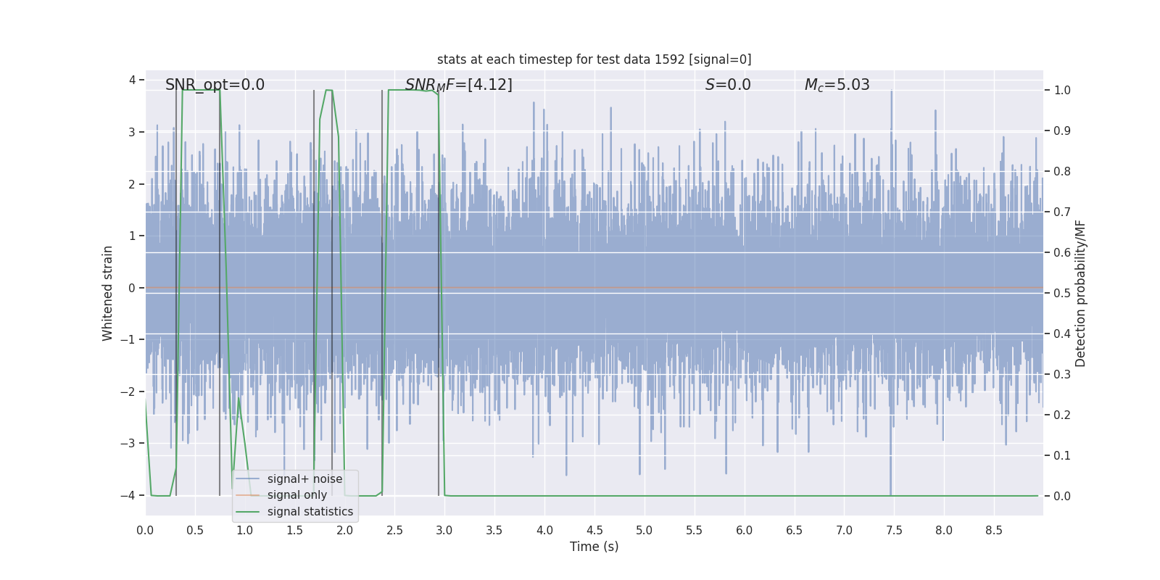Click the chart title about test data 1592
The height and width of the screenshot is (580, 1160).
coord(594,59)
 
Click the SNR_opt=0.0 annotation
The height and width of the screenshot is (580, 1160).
coord(215,85)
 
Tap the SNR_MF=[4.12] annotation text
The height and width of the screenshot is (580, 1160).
coord(458,85)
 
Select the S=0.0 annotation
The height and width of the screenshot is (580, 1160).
coord(728,85)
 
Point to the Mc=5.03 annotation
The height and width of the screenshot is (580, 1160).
coord(837,85)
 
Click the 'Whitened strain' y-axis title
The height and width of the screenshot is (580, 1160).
coord(108,293)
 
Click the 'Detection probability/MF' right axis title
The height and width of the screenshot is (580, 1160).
coord(1080,293)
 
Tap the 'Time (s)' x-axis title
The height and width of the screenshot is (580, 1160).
coord(594,547)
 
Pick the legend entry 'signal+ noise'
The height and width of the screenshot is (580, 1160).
coord(304,479)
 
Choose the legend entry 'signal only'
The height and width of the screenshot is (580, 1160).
coord(297,495)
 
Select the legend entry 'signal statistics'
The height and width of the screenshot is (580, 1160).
coord(310,512)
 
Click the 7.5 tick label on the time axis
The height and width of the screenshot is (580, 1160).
coord(894,531)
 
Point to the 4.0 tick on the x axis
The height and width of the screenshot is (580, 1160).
coord(544,531)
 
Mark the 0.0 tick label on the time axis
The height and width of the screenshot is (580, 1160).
coord(145,531)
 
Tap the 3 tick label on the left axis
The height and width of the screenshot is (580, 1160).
coord(132,132)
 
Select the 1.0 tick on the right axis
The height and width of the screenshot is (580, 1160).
coord(1062,91)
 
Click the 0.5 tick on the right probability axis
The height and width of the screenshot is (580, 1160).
coord(1062,294)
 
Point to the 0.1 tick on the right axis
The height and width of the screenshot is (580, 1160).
coord(1062,456)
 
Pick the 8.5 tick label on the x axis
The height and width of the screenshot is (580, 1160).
coord(994,531)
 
